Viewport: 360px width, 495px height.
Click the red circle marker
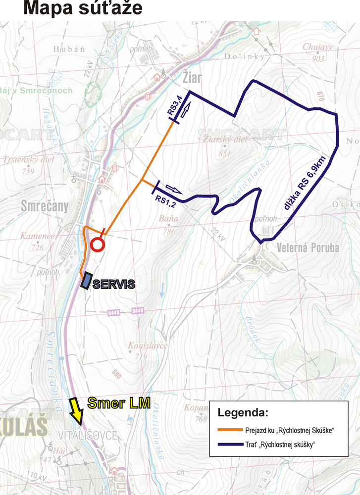(x=98, y=244)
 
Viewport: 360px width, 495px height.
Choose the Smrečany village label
(x=45, y=206)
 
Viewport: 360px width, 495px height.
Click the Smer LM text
(x=119, y=403)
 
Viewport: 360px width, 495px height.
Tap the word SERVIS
(x=114, y=284)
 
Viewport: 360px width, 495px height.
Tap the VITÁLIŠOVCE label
(x=88, y=436)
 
